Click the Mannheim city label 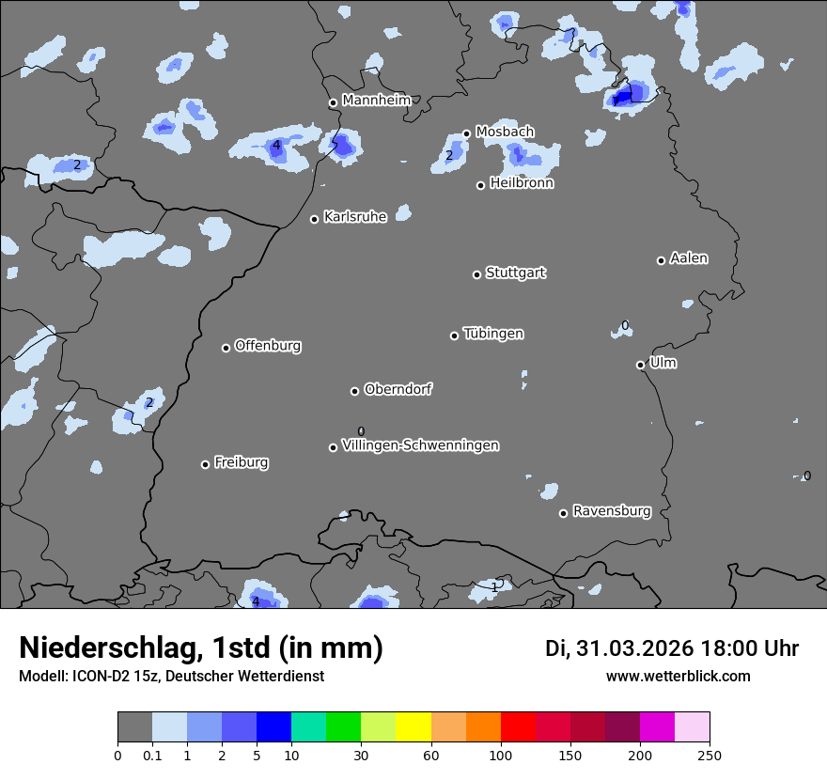376,100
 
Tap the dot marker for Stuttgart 476,274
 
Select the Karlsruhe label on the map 355,217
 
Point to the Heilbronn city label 522,183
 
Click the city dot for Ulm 640,365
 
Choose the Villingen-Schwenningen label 420,445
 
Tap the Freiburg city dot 205,464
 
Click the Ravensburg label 612,511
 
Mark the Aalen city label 689,258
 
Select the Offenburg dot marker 226,348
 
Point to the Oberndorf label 398,389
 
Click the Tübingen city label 493,334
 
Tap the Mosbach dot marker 466,133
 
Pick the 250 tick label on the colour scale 710,756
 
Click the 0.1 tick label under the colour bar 152,756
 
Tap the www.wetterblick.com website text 678,676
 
